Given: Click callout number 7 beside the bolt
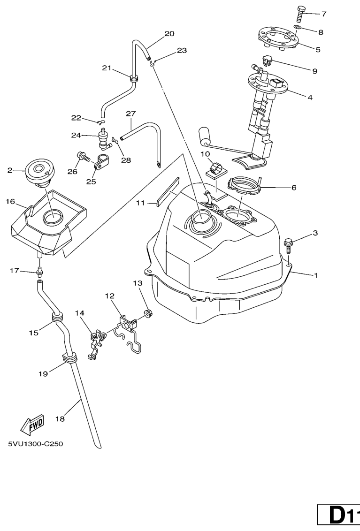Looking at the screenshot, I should (x=324, y=14).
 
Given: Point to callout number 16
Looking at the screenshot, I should (x=10, y=201).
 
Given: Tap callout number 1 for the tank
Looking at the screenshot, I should (x=315, y=276).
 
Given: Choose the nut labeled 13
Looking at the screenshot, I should (x=147, y=313).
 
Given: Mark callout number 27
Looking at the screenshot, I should (x=130, y=114).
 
